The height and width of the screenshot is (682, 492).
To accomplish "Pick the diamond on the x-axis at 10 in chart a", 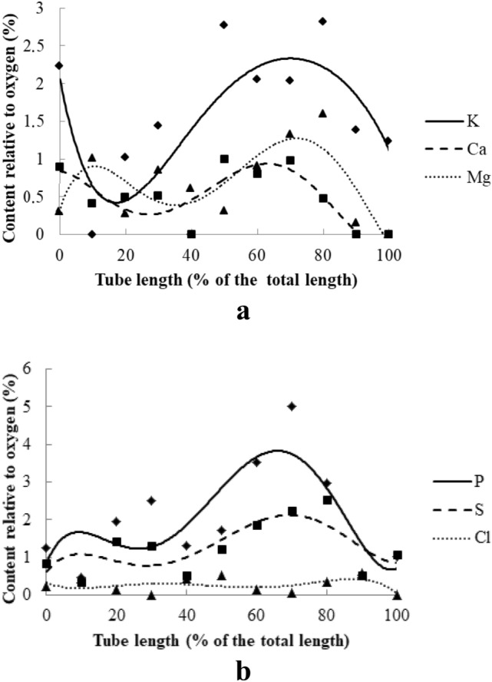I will pyautogui.click(x=92, y=234).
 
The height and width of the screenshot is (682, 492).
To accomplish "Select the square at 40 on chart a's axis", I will pyautogui.click(x=191, y=234).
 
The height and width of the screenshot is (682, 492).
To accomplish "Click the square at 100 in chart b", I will pyautogui.click(x=398, y=555).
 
